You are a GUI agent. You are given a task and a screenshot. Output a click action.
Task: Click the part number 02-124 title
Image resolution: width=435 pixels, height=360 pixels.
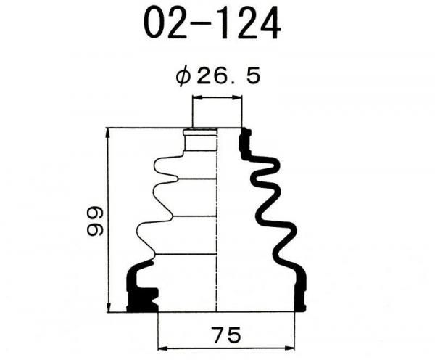[212, 22]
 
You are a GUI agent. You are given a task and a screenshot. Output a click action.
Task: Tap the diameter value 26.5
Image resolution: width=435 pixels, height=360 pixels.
[228, 76]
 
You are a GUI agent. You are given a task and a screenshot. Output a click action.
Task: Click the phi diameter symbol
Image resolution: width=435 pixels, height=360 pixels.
[183, 77]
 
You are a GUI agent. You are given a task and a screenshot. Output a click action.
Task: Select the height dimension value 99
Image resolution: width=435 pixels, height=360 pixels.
[95, 221]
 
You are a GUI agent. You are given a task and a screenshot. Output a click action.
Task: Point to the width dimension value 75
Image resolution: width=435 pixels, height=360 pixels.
[225, 335]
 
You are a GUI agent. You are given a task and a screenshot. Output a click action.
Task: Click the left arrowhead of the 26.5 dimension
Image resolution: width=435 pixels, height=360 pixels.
[198, 97]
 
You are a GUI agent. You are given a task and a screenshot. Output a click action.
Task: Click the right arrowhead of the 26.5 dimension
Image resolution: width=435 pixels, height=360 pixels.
[236, 97]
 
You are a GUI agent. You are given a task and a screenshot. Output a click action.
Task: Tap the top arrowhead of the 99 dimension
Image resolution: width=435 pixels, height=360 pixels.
[109, 134]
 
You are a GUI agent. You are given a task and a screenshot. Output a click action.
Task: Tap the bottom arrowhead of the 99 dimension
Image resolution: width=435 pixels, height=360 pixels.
[109, 307]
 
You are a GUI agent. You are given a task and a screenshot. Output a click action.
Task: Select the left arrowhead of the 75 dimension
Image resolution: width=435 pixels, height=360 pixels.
[163, 348]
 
